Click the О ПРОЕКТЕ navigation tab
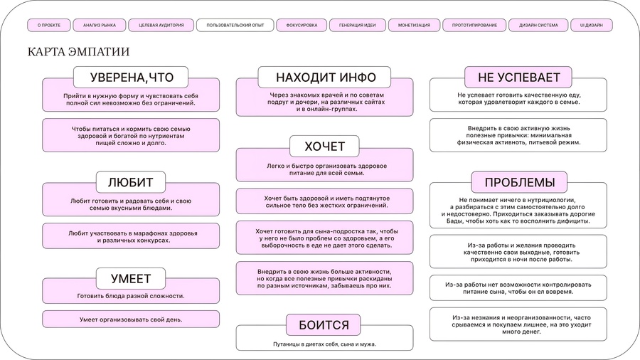click(49, 25)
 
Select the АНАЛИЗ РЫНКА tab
click(100, 25)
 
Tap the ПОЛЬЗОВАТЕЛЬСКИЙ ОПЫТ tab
click(235, 25)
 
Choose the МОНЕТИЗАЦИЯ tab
click(414, 25)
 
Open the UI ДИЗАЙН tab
click(591, 25)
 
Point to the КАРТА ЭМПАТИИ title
click(78, 53)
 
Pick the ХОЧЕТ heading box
click(324, 147)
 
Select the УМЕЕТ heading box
click(131, 278)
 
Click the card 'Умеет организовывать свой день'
click(131, 319)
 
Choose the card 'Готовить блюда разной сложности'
click(131, 295)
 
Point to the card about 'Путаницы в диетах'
click(324, 344)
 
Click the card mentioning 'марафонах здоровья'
click(131, 236)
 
